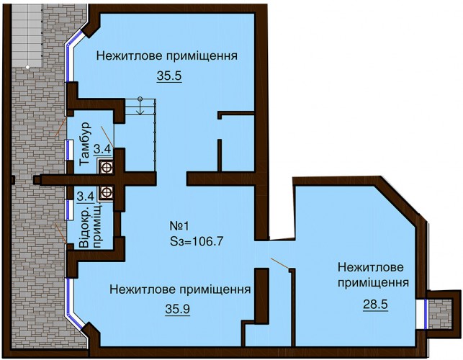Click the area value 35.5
tap(169, 76)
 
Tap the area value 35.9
tap(177, 309)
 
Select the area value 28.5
tap(375, 304)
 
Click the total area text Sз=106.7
tap(197, 242)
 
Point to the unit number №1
tap(179, 227)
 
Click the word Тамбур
tap(86, 143)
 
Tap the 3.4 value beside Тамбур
tap(102, 149)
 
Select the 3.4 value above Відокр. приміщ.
tap(86, 196)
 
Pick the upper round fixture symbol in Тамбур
tap(107, 168)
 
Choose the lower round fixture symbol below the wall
tap(107, 192)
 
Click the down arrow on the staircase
tap(140, 106)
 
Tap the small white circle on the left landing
tap(27, 68)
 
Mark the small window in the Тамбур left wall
tap(69, 150)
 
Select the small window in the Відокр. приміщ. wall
tap(69, 210)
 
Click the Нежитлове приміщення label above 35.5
tap(167, 55)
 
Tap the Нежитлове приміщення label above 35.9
tap(180, 289)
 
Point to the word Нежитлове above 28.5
tap(371, 267)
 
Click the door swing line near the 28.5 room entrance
tap(280, 264)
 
